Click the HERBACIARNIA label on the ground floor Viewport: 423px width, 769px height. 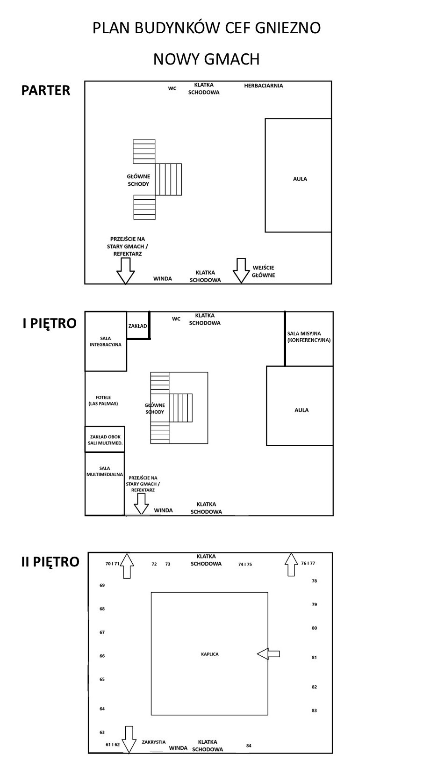coord(264,86)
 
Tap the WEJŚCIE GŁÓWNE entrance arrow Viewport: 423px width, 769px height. coord(241,270)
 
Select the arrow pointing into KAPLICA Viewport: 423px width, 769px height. coord(268,653)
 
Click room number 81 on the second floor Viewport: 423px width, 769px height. coord(314,657)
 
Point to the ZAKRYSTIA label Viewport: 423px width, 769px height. coord(154,742)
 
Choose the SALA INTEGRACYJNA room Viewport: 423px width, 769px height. coord(106,341)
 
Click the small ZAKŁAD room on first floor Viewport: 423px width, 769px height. coord(138,326)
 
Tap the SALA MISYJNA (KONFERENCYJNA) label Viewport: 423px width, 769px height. coord(309,337)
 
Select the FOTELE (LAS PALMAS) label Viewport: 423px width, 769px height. coord(103,400)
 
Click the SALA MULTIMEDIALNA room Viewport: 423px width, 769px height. coord(105,484)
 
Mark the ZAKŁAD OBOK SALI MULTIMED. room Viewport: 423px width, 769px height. coord(105,439)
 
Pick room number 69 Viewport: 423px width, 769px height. coord(102,585)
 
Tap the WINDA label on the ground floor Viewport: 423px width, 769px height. coord(163,278)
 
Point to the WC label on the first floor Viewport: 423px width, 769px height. coord(176,319)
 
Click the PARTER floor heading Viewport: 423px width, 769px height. coord(46,90)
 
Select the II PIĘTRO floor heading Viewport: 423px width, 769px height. coord(50,562)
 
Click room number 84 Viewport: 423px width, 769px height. coord(249,746)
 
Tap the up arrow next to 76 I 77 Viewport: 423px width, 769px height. coord(291,565)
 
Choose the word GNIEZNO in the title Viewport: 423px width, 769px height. coord(288,28)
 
